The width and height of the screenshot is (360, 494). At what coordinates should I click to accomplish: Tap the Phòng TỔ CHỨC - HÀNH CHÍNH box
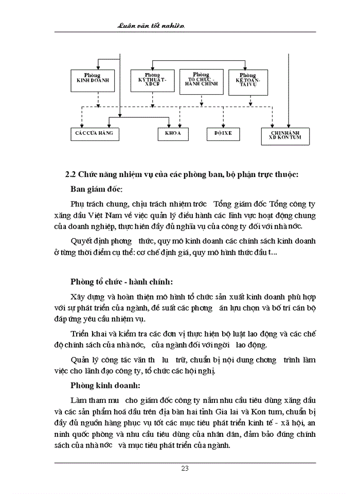coord(201,81)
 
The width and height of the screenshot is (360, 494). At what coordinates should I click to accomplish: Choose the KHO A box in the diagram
coord(173,133)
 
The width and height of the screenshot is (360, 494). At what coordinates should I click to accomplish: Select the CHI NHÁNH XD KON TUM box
coord(289,135)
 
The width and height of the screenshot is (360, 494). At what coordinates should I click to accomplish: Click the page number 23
coord(185,468)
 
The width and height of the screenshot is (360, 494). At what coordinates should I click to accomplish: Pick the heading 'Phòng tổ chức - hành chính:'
coord(121,281)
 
